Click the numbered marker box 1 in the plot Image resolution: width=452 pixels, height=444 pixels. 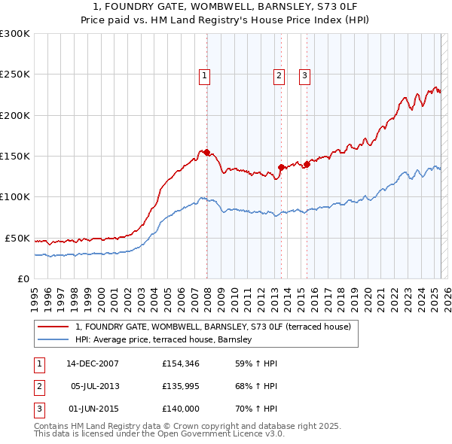pos(205,75)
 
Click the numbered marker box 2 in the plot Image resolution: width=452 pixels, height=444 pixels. pos(279,75)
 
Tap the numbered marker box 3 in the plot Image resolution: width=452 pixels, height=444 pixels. pos(304,75)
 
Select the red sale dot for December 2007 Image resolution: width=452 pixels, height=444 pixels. pos(206,153)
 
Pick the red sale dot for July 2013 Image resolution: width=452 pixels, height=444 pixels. pos(281,167)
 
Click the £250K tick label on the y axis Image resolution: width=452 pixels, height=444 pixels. pos(15,75)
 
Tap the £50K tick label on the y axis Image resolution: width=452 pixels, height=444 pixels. pos(17,238)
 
